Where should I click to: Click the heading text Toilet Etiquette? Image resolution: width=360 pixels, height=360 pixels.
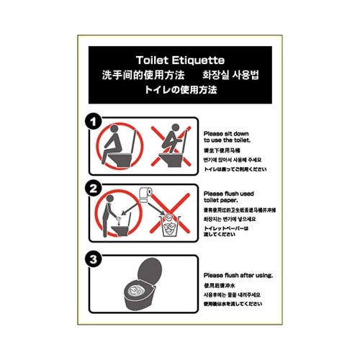(180, 60)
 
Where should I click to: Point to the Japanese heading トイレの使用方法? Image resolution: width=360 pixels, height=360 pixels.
(180, 91)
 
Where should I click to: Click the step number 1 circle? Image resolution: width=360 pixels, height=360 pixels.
(94, 120)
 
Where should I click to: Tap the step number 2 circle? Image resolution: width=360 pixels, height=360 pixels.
(94, 190)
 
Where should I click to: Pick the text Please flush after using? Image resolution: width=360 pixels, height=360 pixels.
(238, 276)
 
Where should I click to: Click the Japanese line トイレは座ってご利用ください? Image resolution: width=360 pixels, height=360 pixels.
(236, 168)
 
